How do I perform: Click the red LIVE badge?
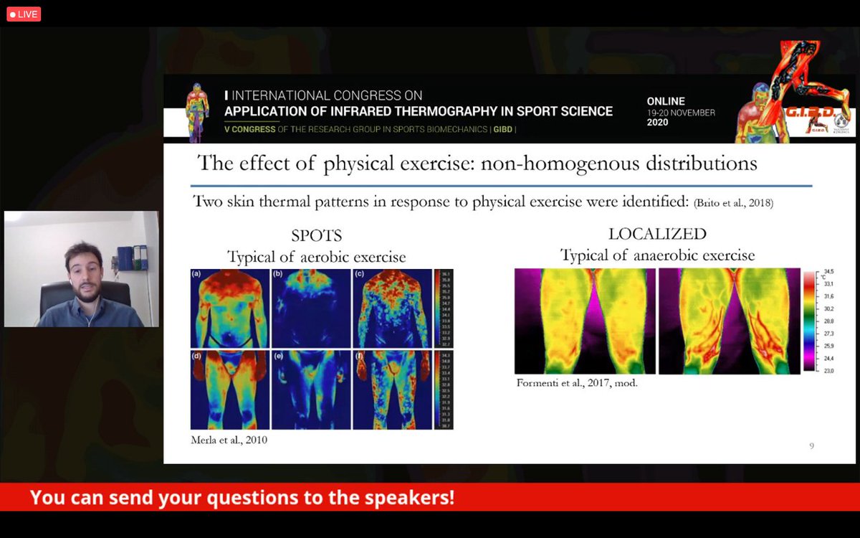[24, 14]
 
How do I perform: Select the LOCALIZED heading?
[656, 234]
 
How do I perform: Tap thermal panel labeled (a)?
[229, 309]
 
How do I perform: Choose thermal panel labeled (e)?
[311, 390]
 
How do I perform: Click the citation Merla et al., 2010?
[229, 440]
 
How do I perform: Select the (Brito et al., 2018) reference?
[733, 204]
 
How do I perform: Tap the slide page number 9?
[811, 446]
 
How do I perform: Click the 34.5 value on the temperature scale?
[828, 273]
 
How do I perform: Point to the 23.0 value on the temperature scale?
[828, 369]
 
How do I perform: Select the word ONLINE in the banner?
[666, 101]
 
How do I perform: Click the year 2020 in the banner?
[657, 123]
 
